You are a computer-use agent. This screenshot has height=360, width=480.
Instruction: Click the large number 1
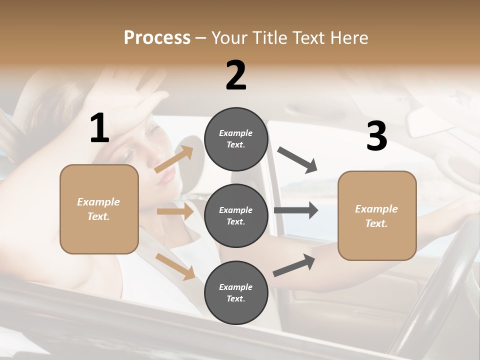[99, 128]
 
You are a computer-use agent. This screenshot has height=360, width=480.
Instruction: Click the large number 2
[236, 75]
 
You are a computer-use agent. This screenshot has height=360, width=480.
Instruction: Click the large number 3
[376, 136]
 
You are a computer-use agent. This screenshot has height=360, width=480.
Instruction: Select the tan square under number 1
[99, 209]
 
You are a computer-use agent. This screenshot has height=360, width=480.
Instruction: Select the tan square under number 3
[377, 215]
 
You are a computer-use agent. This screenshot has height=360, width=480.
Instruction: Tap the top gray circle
[236, 138]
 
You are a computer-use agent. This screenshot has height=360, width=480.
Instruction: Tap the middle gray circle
[236, 215]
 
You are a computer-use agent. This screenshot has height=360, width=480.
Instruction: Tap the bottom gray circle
[236, 292]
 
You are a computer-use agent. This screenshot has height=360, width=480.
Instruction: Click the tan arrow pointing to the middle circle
[175, 211]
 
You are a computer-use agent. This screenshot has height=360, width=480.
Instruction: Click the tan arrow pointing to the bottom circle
[175, 266]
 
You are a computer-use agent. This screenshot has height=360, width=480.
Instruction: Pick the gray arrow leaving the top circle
[297, 160]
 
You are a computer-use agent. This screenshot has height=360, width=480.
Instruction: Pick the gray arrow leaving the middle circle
[296, 210]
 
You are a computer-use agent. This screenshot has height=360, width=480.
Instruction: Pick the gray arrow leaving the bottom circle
[294, 265]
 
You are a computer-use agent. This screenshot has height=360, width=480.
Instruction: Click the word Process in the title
[157, 37]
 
